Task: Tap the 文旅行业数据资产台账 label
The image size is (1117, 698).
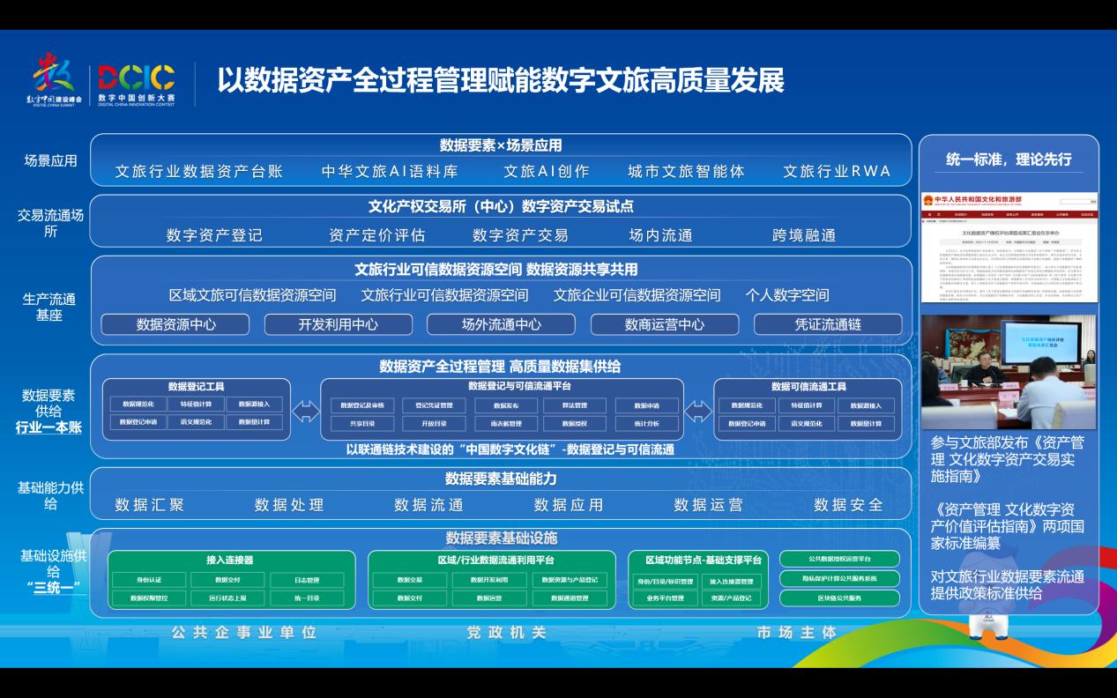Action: point(199,172)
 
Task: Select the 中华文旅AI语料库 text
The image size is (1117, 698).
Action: point(390,172)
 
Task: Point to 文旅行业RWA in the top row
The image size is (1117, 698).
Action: point(837,172)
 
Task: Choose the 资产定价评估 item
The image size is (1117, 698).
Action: point(376,235)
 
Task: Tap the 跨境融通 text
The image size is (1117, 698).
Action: point(803,235)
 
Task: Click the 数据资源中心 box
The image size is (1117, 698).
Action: point(175,324)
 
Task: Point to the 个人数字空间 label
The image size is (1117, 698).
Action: point(786,295)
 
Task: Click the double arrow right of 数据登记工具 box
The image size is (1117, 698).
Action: point(306,411)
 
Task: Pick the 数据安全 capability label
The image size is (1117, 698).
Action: point(848,505)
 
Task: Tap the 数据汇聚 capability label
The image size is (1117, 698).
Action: point(150,505)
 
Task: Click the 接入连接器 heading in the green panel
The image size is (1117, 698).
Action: point(229,560)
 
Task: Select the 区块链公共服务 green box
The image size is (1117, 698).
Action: point(839,598)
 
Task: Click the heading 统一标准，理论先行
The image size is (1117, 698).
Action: point(1009,160)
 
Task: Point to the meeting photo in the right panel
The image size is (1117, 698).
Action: point(1009,371)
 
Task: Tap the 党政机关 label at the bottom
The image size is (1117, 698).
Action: point(507,633)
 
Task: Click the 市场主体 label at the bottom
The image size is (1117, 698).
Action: point(797,633)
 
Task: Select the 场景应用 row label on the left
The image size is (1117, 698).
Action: point(50,161)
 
